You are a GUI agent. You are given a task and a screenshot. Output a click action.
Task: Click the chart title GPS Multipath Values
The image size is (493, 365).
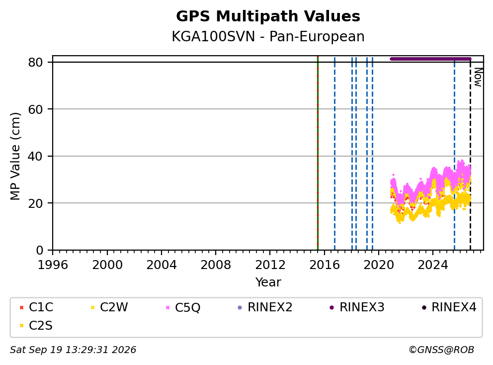[x=268, y=16]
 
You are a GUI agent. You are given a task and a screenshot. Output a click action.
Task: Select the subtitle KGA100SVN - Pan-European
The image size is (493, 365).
[x=268, y=36]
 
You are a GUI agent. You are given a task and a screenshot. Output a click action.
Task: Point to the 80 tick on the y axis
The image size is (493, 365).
[x=35, y=62]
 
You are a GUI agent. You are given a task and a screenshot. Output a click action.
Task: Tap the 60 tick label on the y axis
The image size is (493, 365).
[x=35, y=109]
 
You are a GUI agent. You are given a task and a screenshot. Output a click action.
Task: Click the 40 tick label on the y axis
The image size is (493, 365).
[x=35, y=156]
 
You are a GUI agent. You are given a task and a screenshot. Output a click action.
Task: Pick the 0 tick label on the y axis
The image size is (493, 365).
[x=39, y=250]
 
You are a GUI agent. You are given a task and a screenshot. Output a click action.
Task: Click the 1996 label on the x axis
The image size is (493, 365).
[x=53, y=265]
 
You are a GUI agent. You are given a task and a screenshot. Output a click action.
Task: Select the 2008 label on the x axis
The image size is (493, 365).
[x=215, y=265]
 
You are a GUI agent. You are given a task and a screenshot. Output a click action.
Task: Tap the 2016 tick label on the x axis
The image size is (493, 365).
[x=324, y=265]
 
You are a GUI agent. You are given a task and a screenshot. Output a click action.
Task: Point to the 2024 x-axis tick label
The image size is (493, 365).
[x=433, y=265]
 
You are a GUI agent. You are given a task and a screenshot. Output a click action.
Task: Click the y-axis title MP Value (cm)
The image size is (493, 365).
[x=15, y=156]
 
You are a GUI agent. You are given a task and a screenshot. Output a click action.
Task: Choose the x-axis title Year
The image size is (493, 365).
[x=268, y=282]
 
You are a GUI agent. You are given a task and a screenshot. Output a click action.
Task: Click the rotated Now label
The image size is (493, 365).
[x=478, y=77]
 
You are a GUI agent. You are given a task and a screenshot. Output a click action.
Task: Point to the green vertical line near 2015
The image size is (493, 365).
[x=318, y=153]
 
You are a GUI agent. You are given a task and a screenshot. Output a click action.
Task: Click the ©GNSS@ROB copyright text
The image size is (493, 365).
[x=441, y=350]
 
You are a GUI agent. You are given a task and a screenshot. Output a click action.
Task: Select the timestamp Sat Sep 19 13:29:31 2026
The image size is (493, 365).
[x=73, y=350]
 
